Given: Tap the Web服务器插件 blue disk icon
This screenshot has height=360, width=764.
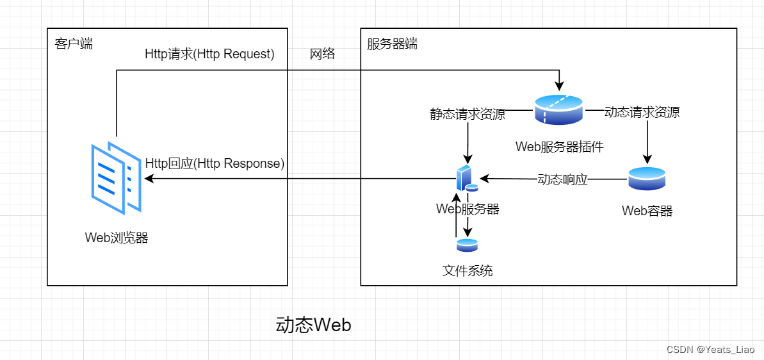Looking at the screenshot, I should coord(558,109).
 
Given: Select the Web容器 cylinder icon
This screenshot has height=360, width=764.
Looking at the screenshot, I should coord(647,179).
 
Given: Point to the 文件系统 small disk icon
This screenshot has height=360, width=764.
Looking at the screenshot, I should coord(467,245).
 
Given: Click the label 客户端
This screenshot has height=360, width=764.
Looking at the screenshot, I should coord(74,44).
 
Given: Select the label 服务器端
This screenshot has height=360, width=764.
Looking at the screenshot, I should coord(392,44).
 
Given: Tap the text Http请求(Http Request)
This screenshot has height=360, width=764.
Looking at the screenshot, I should coord(210,54).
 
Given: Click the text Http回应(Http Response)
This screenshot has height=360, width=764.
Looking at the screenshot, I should coord(215,163).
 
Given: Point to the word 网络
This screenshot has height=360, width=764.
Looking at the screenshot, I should coord(323,54).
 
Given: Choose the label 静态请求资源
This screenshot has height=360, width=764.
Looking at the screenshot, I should coord(467,114).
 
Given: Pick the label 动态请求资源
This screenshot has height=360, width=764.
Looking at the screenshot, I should coord(642,113).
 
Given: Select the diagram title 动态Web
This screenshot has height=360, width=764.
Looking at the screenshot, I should coord(313,325).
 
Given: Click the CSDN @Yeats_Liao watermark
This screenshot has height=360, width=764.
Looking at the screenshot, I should coord(710,350).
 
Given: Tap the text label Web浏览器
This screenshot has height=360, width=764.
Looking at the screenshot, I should coord(117,238).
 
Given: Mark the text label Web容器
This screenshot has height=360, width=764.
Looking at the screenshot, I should coord(647,211).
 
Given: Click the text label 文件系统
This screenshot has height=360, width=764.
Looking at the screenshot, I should coord(467,270).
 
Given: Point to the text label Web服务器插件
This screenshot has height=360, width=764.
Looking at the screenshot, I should coord(559,147).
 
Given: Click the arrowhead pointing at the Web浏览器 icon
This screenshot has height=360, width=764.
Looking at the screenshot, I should coord(149,179).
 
